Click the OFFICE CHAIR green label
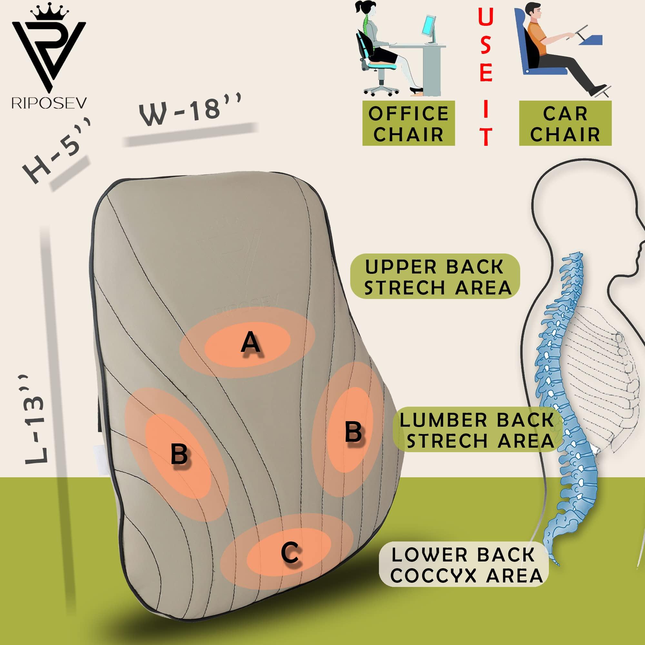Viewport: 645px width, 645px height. click(x=408, y=124)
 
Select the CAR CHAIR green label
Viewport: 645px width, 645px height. click(x=565, y=124)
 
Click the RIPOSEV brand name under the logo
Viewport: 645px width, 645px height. click(x=49, y=103)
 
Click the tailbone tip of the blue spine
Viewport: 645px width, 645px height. click(x=557, y=563)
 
